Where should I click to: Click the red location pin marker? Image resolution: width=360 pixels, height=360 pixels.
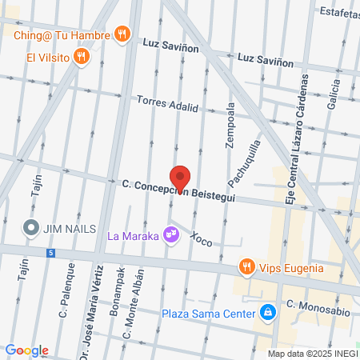[x=180, y=178]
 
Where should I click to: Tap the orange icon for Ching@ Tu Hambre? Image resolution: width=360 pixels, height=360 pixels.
[x=122, y=34]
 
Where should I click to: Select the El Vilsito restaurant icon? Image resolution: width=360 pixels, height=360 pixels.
[x=81, y=56]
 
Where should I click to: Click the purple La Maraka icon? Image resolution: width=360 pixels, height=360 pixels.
[x=170, y=234]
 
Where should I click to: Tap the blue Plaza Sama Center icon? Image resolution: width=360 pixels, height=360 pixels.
[x=270, y=312]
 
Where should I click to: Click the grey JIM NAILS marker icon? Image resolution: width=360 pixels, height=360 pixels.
[x=32, y=227]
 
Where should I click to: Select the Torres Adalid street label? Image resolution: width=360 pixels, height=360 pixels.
[x=166, y=106]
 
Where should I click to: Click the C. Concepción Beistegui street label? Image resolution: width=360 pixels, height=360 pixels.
[x=178, y=191]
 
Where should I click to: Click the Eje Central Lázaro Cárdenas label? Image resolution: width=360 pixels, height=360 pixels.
[x=294, y=138]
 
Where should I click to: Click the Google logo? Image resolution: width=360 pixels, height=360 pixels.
[x=27, y=350]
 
